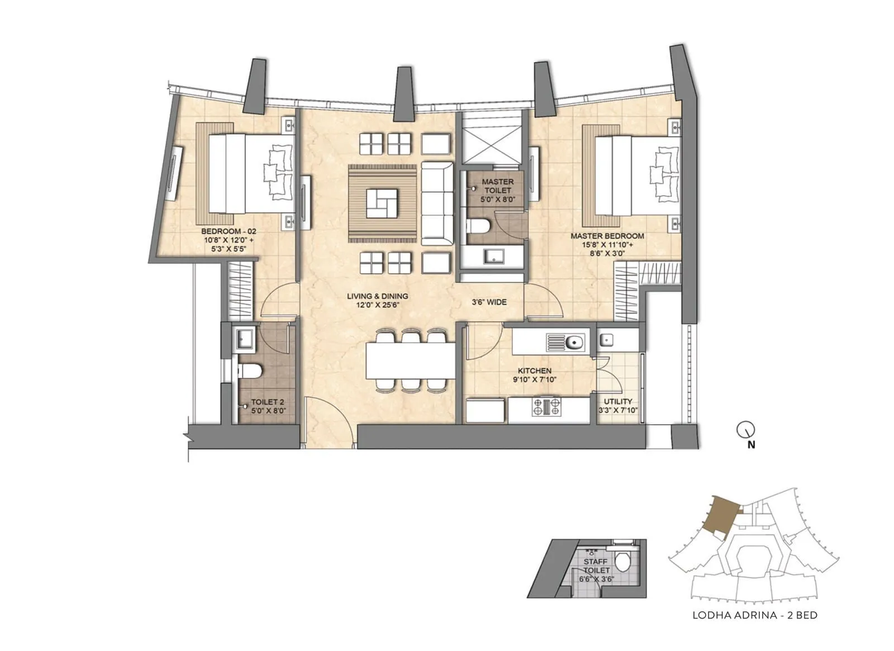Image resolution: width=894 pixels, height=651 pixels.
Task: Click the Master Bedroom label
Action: (607, 236)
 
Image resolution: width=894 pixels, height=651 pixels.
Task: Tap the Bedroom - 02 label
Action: (229, 231)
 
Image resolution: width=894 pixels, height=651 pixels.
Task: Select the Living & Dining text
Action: (378, 296)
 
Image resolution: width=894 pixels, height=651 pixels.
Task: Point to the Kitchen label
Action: (535, 371)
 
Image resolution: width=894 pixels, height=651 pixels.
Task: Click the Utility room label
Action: (618, 401)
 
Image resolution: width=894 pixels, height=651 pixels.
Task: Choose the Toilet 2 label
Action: (268, 402)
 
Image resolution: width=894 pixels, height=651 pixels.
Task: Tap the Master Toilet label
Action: (498, 186)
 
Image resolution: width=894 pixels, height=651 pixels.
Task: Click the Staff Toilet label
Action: (596, 566)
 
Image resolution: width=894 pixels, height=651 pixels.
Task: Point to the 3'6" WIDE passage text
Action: (489, 302)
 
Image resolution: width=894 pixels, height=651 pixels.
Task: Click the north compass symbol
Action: (745, 429)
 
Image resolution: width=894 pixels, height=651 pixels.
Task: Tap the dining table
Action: (411, 360)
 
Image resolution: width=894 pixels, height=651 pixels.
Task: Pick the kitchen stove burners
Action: (546, 407)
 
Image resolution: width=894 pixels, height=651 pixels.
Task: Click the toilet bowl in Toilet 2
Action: (250, 371)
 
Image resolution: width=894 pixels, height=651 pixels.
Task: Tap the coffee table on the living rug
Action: (382, 203)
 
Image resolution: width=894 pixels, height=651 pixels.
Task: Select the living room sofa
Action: (438, 203)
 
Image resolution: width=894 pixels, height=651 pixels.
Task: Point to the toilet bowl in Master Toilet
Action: (478, 226)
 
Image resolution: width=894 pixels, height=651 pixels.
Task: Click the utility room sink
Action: (606, 340)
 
